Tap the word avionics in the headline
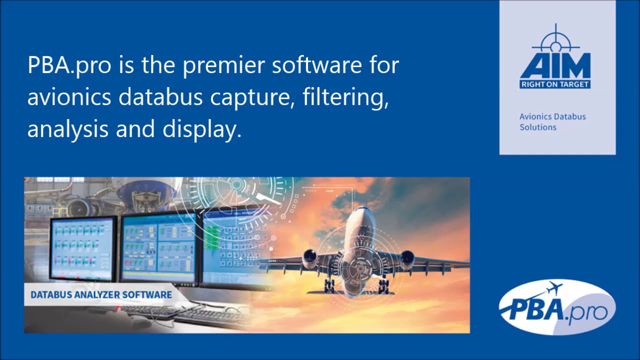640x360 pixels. pos(69,97)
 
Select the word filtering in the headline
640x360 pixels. pos(345,97)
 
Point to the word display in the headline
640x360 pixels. pos(199,129)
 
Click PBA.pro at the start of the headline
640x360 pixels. pos(69,66)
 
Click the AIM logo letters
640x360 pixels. pos(555,65)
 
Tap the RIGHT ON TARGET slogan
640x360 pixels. pos(555,84)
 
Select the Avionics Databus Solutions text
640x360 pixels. pos(552,121)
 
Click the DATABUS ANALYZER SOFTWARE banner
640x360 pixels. pos(101,294)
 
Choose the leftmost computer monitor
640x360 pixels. pos(82,248)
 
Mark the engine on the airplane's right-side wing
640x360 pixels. pos(406,257)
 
